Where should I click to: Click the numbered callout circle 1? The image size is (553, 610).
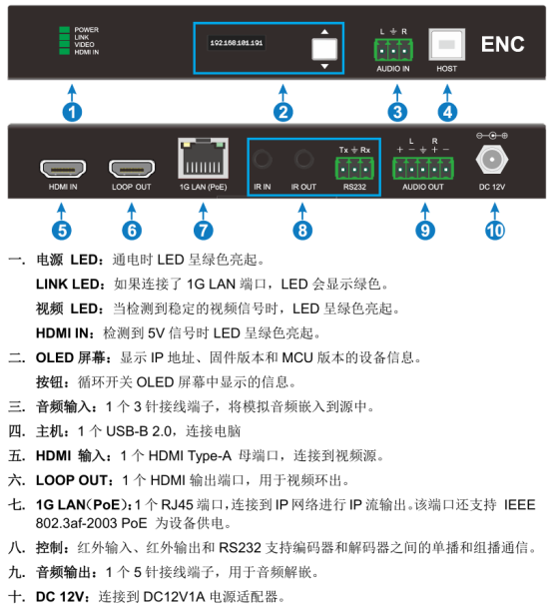(x=72, y=112)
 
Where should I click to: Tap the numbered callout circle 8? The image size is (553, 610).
(x=302, y=231)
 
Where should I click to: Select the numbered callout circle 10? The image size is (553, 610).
(x=495, y=231)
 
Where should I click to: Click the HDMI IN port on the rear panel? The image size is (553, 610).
(x=63, y=169)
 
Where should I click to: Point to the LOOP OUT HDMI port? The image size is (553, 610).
(x=132, y=169)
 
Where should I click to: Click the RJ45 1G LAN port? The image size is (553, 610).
(x=203, y=159)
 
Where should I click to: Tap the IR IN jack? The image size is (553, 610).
(x=263, y=159)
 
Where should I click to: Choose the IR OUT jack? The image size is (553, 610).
(x=303, y=159)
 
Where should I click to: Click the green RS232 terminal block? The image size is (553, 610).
(x=354, y=169)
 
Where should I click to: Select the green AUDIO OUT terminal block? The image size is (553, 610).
(x=423, y=169)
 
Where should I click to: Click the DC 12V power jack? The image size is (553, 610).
(x=492, y=160)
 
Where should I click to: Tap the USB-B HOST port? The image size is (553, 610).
(x=447, y=44)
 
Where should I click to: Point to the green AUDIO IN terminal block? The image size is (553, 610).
(x=393, y=50)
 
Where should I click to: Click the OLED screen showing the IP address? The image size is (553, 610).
(x=237, y=43)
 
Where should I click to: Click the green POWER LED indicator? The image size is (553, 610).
(x=64, y=30)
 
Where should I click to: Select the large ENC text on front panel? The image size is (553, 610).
(x=503, y=44)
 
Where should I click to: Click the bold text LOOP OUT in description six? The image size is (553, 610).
(x=72, y=480)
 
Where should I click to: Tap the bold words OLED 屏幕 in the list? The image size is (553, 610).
(x=71, y=357)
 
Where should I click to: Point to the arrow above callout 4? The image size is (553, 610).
(x=447, y=94)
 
